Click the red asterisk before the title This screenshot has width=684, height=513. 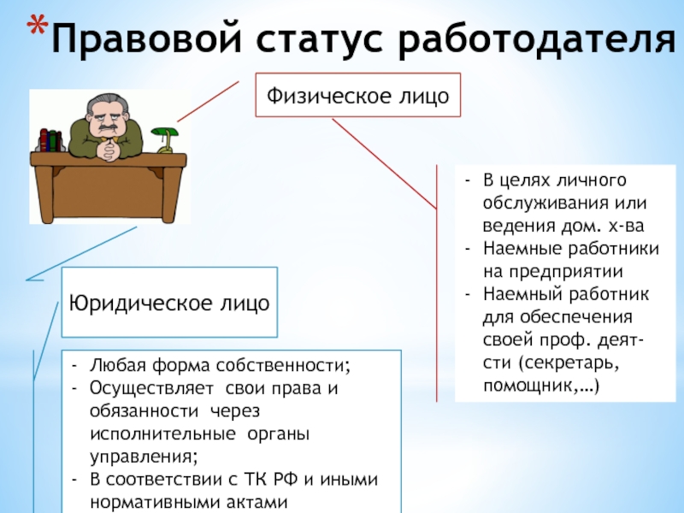tap(38, 26)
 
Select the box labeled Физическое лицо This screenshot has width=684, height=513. tap(357, 95)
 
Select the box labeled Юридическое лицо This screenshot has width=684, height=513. tap(169, 303)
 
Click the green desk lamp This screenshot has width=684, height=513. tap(166, 140)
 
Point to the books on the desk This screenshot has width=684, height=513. tap(50, 140)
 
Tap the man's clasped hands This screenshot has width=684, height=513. tap(108, 151)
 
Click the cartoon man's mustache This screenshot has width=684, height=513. tap(106, 129)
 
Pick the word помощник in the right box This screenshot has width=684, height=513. tap(528, 386)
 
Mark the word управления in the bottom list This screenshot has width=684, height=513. tap(144, 457)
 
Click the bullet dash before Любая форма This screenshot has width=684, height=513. tap(74, 366)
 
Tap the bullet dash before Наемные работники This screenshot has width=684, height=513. tap(468, 249)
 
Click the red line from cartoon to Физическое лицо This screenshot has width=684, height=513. tap(208, 101)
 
